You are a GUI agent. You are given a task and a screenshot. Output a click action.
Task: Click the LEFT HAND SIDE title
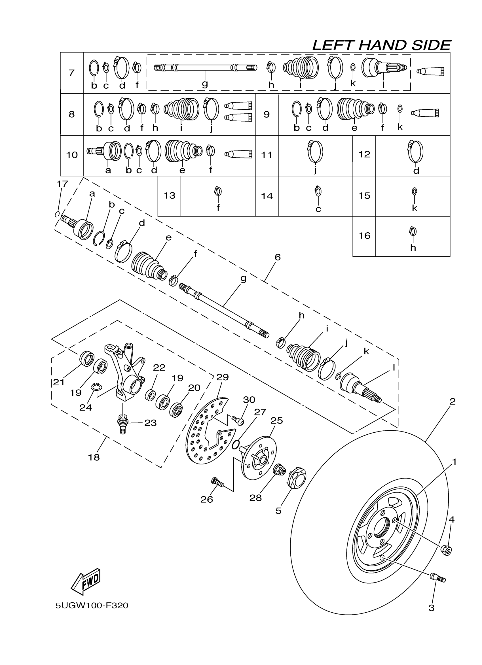click(x=381, y=45)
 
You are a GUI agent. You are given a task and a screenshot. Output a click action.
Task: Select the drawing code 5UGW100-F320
click(x=92, y=606)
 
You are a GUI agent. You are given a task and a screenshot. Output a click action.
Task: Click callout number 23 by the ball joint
click(x=150, y=423)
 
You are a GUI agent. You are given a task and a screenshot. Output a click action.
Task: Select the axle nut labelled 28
click(x=279, y=471)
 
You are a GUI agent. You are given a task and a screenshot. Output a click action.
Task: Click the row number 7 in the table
click(x=71, y=73)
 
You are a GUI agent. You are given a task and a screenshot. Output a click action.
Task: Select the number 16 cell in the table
click(x=364, y=236)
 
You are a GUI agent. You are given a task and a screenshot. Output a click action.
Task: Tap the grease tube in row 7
click(x=430, y=71)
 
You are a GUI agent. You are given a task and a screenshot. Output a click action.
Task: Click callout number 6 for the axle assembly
click(x=278, y=257)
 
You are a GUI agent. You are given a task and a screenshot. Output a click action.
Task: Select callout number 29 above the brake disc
click(x=222, y=377)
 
